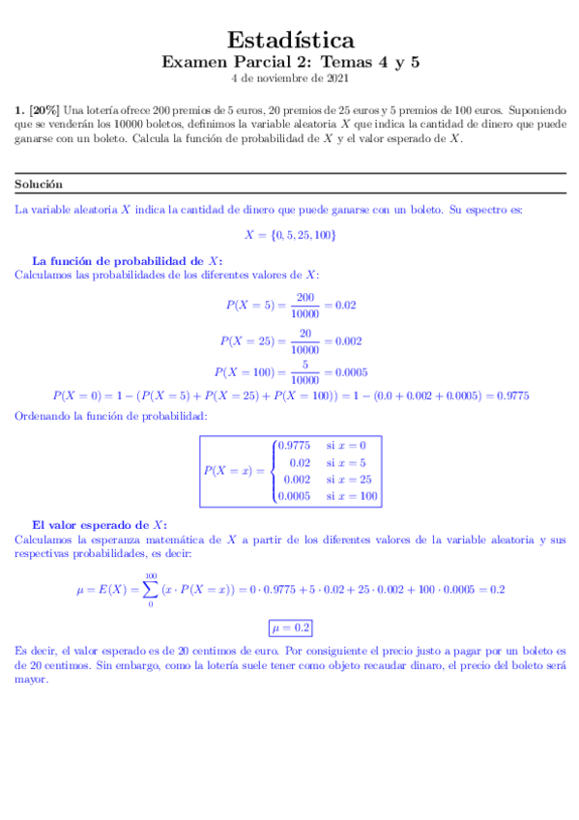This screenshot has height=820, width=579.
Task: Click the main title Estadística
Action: click(x=290, y=40)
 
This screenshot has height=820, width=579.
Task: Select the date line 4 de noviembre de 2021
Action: click(x=290, y=78)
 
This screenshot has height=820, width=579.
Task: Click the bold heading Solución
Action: click(x=39, y=184)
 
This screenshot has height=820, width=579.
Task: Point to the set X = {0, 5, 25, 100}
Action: click(x=290, y=235)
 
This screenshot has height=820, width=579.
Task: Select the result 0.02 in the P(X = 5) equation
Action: click(x=345, y=305)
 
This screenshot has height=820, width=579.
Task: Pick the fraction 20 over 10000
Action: click(x=304, y=340)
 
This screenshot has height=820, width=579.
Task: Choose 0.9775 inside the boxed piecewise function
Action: click(x=293, y=446)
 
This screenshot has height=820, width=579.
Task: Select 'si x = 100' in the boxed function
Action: click(x=351, y=497)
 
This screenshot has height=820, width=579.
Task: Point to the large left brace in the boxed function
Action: click(x=272, y=471)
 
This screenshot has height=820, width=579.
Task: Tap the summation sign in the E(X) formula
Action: click(x=150, y=589)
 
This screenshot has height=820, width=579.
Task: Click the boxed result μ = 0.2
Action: click(x=290, y=628)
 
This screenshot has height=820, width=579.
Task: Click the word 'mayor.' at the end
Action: click(x=32, y=680)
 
